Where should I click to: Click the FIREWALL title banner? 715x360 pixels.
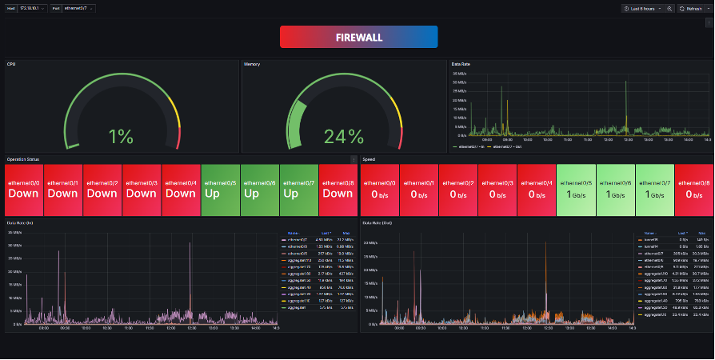pos(358,38)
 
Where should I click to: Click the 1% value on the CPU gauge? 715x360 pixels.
pos(121,136)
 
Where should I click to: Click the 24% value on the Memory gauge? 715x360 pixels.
pos(344,136)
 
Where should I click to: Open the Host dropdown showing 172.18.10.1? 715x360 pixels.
pos(33,8)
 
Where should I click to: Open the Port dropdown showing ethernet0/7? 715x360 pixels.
pos(78,8)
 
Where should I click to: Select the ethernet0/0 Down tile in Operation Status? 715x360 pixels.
pos(23,189)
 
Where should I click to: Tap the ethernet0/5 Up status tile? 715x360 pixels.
pos(220,189)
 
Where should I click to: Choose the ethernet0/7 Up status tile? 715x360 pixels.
pos(298,189)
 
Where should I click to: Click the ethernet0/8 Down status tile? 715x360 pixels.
pos(338,189)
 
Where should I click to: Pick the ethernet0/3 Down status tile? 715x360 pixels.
pos(141,189)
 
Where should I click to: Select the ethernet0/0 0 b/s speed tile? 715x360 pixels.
pos(379,189)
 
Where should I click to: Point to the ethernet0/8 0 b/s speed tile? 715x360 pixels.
pos(693,189)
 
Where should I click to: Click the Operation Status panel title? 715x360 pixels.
pos(23,159)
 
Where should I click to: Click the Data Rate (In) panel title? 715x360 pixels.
pos(20,223)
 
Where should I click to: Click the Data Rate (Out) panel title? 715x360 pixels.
pos(377,223)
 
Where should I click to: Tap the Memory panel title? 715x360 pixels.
pos(252,64)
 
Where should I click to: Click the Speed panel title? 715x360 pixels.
pos(369,159)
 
